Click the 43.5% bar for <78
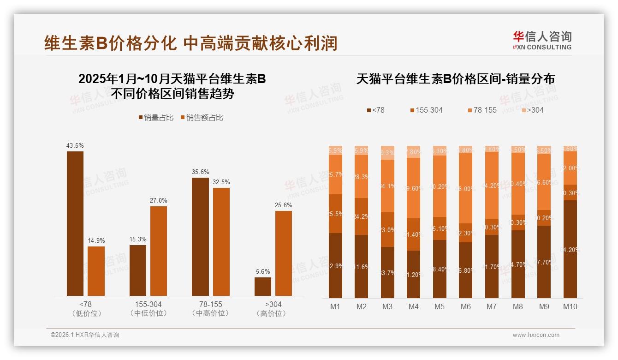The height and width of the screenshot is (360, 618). coord(75,223)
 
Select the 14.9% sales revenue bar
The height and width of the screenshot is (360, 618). coord(96,271)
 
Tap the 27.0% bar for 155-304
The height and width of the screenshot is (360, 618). coord(159,251)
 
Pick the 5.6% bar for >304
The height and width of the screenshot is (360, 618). coord(263,286)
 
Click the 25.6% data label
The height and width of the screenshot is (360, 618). coord(284,205)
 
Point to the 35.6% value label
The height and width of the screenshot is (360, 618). coord(200,172)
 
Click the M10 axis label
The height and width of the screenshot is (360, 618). coord(570,306)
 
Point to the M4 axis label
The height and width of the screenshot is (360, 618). coord(414,306)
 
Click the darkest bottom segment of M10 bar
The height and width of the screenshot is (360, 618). coord(570,249)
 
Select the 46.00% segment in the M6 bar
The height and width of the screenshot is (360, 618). coord(466,188)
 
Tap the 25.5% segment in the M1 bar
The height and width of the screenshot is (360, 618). coord(335,214)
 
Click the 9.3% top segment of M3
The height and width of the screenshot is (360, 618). coord(387,153)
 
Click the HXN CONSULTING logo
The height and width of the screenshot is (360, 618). coord(542,40)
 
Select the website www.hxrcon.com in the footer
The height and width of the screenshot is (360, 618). coord(535,335)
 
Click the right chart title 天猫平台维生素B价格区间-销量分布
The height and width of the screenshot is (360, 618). coord(455,79)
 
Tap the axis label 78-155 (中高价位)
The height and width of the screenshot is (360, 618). coord(210,309)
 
